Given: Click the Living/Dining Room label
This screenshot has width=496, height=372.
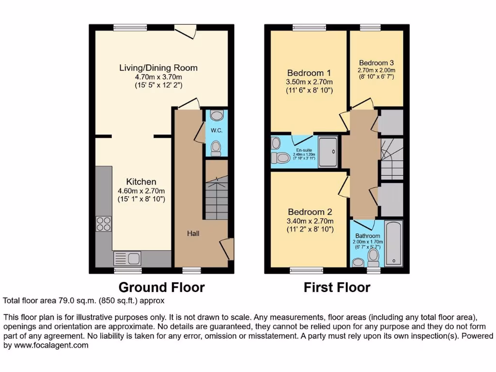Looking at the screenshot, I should click(x=158, y=68).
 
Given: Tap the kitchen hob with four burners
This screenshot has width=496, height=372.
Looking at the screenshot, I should click(x=104, y=224).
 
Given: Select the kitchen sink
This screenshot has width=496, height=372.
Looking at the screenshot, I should click(x=127, y=258).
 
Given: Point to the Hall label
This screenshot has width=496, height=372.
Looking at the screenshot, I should click(x=193, y=233).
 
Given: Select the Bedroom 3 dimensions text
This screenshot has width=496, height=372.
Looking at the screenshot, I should click(x=376, y=73).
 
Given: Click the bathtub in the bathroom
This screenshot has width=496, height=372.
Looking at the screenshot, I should click(x=393, y=244).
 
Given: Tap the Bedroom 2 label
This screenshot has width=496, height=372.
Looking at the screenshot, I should click(x=310, y=212).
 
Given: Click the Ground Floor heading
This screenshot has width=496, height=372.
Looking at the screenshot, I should click(x=161, y=287).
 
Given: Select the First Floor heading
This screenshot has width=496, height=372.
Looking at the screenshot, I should click(x=337, y=287).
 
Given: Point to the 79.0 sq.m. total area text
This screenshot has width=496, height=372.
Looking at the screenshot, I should click(x=83, y=301).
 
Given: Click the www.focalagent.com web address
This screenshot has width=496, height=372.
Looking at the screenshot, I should click(x=46, y=345).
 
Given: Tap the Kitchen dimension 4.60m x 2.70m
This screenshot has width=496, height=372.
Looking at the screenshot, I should click(x=141, y=190).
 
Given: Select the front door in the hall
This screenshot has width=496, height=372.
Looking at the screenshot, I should click(x=228, y=249).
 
